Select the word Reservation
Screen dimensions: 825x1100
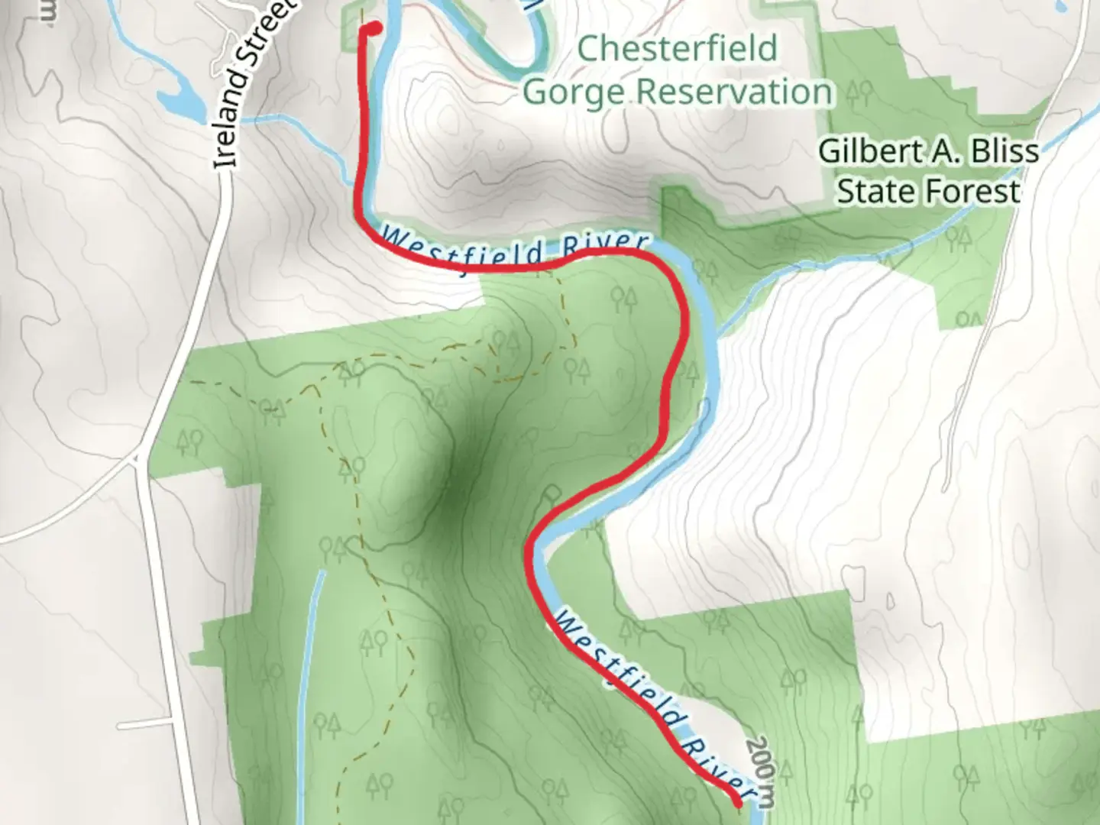[x=734, y=92]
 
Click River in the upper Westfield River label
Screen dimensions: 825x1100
[x=603, y=246]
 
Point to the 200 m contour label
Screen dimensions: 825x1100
[x=762, y=772]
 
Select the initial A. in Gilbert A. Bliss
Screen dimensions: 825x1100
[x=940, y=151]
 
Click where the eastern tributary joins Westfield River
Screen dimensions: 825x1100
[x=719, y=333]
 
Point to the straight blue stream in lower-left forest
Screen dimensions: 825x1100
[x=309, y=687]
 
